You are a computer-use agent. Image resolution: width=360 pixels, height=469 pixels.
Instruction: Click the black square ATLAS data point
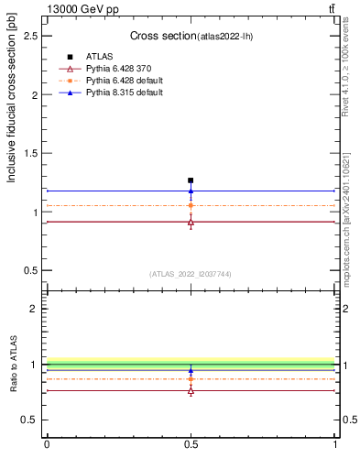click(191, 180)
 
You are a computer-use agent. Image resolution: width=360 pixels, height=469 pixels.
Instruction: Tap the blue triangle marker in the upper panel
click(191, 191)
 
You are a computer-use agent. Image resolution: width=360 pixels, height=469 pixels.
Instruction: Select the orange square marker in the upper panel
click(191, 206)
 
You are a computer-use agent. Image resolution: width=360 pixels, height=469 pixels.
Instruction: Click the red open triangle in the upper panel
click(191, 222)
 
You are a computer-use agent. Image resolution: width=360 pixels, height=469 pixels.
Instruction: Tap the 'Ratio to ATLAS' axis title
click(14, 365)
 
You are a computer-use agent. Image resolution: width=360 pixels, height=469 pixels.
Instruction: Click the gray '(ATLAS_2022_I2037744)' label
click(191, 274)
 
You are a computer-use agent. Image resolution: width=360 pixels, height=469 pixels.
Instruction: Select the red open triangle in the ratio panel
click(191, 391)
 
